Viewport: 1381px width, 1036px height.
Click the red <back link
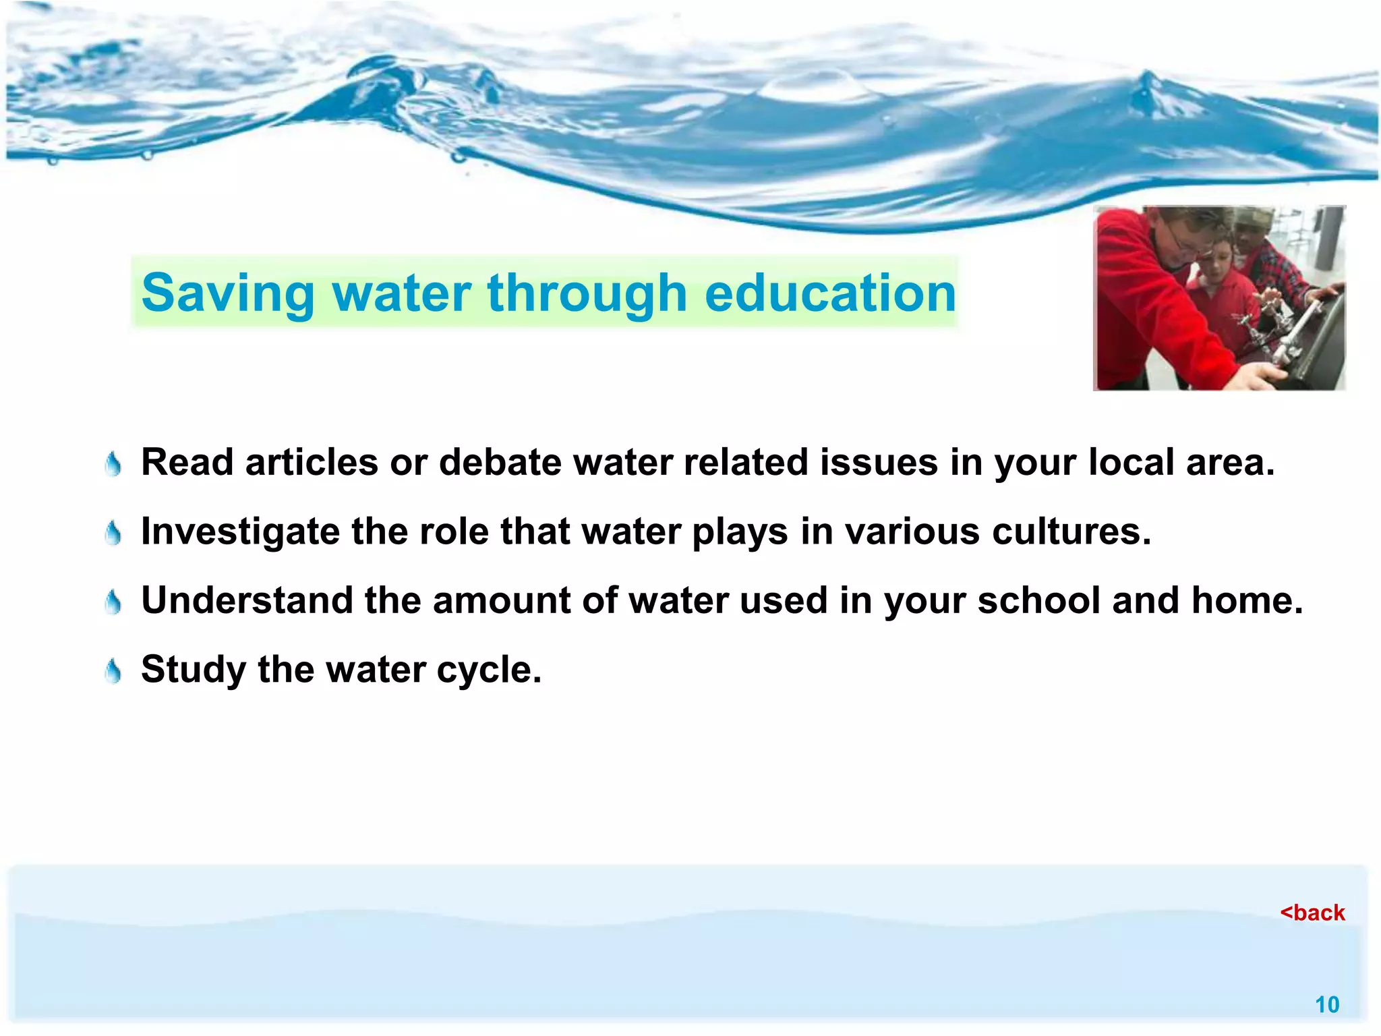click(x=1312, y=913)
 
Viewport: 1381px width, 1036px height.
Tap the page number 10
click(x=1326, y=1005)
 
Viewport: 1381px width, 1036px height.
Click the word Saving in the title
click(x=228, y=293)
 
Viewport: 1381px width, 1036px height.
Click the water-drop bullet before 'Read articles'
click(x=114, y=464)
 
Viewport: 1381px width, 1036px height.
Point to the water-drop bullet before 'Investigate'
click(x=114, y=534)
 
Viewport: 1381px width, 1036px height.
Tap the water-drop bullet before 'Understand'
click(x=114, y=602)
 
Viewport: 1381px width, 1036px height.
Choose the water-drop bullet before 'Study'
click(x=114, y=672)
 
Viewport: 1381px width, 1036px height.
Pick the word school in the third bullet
click(x=1038, y=600)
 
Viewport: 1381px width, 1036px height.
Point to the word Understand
click(x=247, y=600)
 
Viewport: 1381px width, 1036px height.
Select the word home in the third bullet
click(x=1246, y=600)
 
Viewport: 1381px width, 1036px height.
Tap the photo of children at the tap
click(x=1218, y=298)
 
